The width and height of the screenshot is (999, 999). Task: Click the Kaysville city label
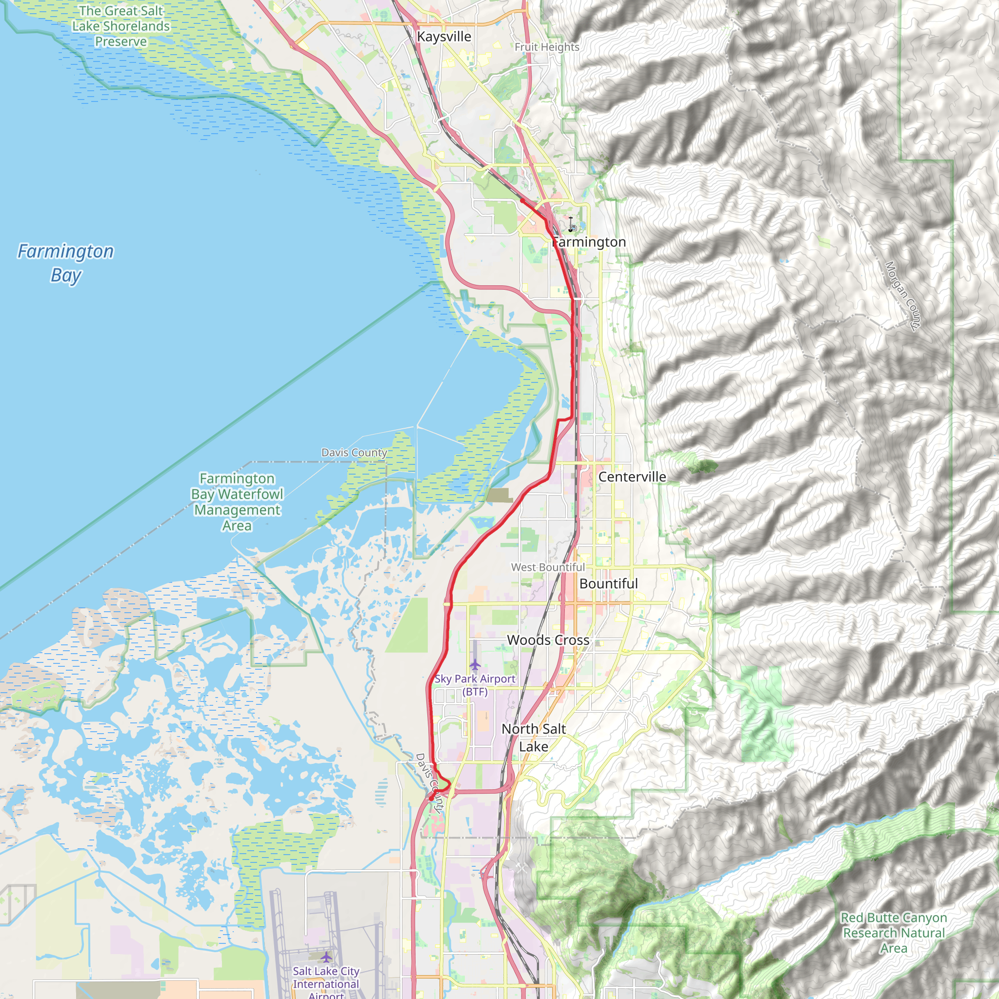point(444,37)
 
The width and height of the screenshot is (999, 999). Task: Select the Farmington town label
point(588,242)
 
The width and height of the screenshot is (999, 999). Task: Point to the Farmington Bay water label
point(66,263)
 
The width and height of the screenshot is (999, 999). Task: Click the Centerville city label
point(632,477)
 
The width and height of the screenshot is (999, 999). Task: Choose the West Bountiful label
point(548,567)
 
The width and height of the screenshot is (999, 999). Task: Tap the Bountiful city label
point(608,583)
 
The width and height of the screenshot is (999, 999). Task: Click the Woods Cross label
point(548,639)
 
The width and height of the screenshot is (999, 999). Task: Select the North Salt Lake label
point(534,738)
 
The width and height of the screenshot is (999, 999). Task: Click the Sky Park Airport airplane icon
point(475,664)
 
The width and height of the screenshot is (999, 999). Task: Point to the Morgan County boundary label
point(902,296)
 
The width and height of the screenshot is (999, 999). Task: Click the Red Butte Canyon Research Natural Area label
point(894,932)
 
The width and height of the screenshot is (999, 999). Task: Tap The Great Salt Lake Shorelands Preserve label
point(120,26)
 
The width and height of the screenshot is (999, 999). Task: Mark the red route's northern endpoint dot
point(522,200)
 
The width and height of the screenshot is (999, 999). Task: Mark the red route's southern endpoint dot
point(431,799)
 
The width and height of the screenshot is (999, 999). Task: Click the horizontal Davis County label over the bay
point(354,453)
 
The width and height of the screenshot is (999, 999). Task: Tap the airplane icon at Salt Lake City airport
point(326,957)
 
